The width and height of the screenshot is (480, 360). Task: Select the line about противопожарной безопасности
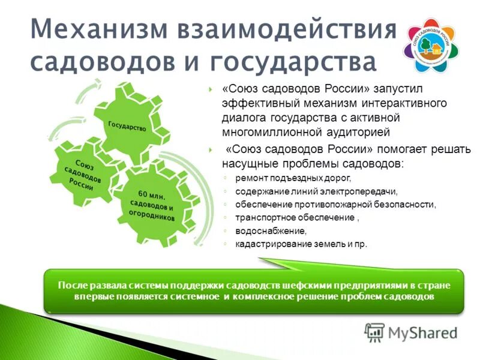(335, 205)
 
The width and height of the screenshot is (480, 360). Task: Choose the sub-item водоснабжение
(271, 231)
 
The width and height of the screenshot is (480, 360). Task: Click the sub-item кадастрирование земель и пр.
(301, 244)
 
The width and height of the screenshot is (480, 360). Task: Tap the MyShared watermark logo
(410, 332)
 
